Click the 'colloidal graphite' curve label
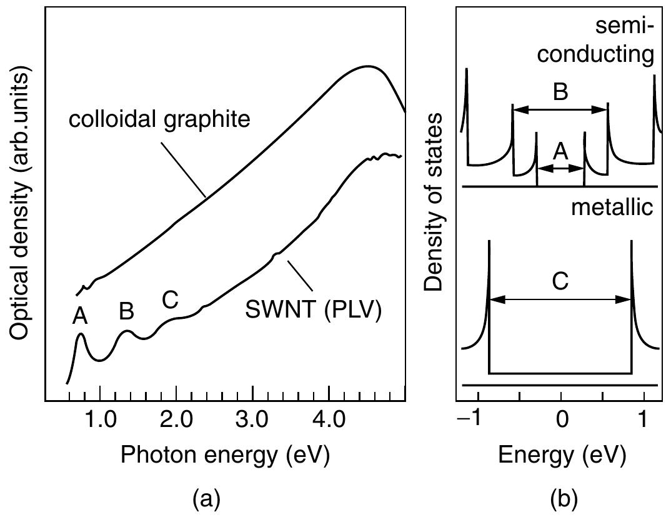[x=159, y=119]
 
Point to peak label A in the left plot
[x=79, y=318]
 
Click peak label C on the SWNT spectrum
[x=170, y=300]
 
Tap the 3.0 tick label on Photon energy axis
[x=252, y=418]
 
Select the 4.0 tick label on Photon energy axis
[x=329, y=418]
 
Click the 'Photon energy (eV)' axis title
[x=224, y=455]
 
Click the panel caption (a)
[x=206, y=499]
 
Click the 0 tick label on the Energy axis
[x=561, y=418]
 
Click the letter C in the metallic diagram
[x=560, y=282]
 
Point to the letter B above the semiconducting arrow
[x=560, y=93]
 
